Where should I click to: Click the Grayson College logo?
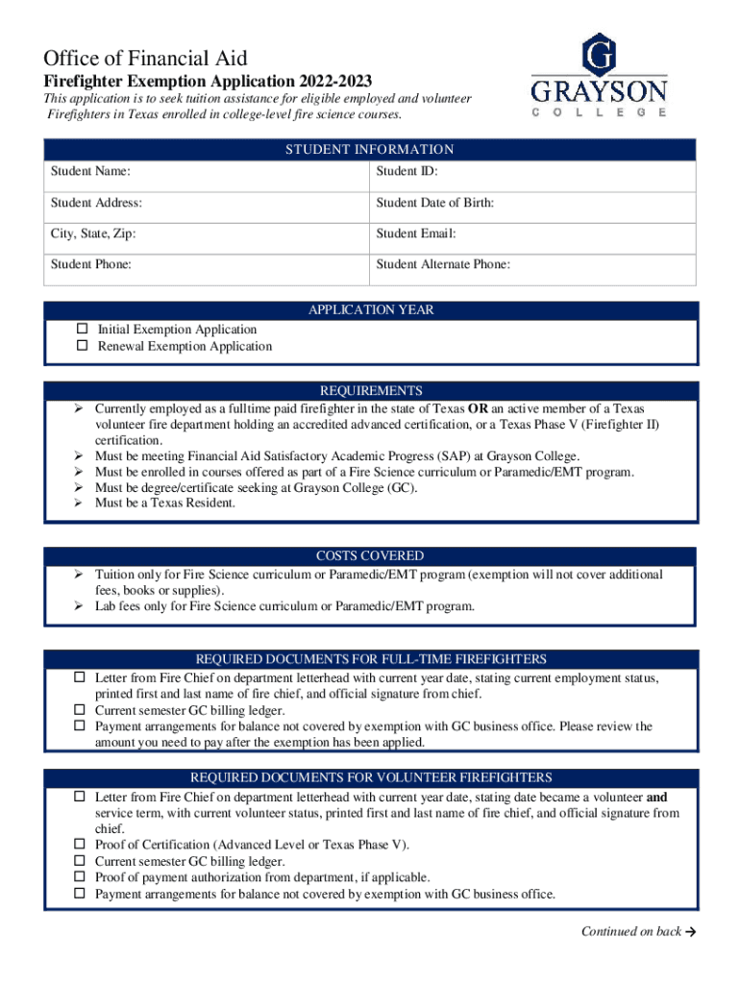point(600,76)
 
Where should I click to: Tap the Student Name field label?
point(91,172)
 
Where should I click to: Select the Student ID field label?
point(407,172)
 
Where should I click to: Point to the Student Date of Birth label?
point(435,203)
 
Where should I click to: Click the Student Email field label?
point(416,234)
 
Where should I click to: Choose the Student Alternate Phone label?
point(443,264)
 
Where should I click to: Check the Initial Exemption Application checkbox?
point(83,330)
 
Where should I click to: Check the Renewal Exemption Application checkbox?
point(83,346)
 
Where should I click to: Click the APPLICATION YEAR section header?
point(370,310)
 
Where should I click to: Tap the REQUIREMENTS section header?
point(370,391)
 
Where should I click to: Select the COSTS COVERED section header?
point(370,556)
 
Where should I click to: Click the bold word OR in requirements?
point(490,407)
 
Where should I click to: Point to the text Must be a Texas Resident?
point(164,503)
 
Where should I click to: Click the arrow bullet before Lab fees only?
point(82,606)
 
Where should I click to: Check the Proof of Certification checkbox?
point(83,845)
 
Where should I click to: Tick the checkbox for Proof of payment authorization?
point(83,877)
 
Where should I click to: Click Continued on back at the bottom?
point(630,931)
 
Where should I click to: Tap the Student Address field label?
point(97,203)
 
